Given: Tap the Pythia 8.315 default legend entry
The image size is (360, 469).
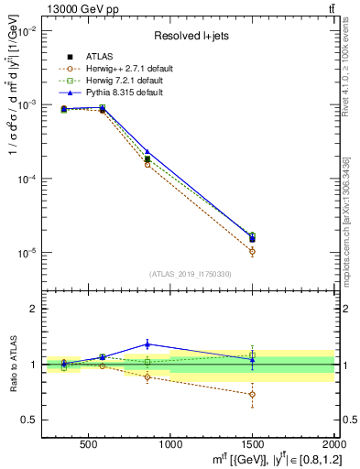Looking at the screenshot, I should tap(127, 93).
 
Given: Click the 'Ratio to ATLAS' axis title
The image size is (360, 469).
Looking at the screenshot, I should tap(12, 364).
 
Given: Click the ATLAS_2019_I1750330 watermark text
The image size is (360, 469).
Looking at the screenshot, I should tap(190, 274).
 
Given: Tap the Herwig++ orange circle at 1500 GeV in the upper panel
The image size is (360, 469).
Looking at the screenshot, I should tap(252, 251).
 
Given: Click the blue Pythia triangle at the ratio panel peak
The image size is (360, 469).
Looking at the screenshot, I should tap(147, 344).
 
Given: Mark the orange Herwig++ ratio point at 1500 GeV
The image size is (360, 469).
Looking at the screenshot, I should tap(252, 394).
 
